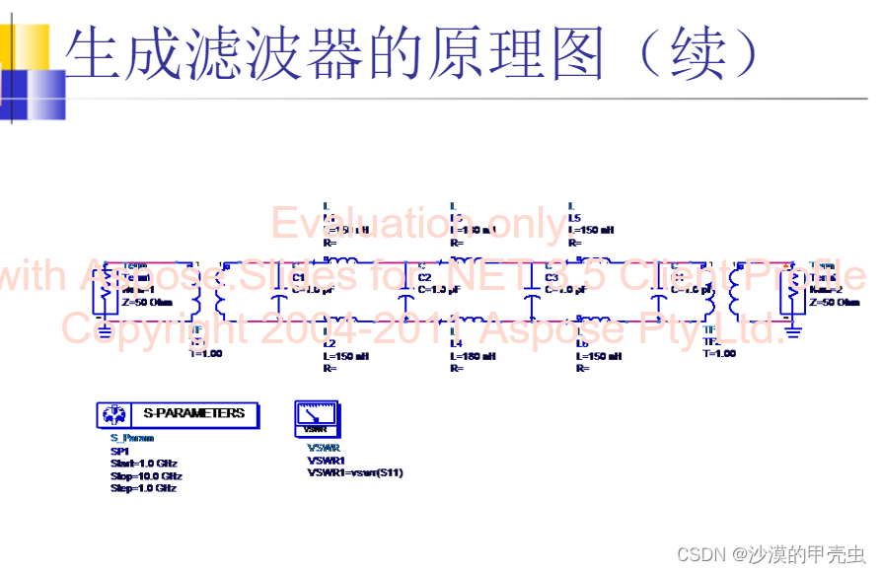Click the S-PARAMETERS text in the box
[193, 414]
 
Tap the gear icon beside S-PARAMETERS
[113, 415]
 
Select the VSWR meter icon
[316, 419]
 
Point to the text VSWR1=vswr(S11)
[355, 473]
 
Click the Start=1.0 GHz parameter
[144, 464]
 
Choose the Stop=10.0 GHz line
[146, 476]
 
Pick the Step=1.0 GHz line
[144, 488]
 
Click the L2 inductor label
[330, 343]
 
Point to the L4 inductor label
[456, 343]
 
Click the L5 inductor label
[576, 217]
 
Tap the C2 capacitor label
[424, 277]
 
